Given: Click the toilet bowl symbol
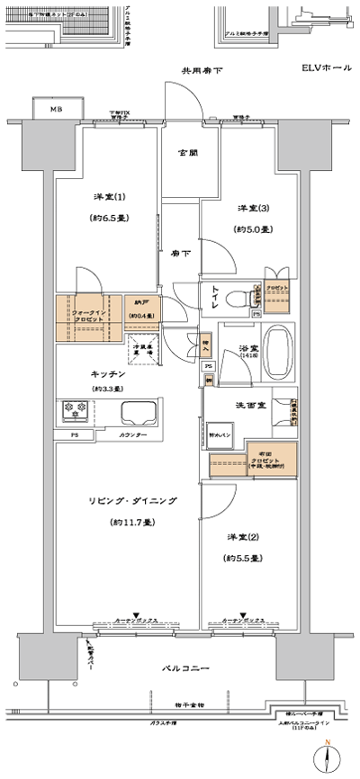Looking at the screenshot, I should [235, 296].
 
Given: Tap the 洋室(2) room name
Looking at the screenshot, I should [240, 538].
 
